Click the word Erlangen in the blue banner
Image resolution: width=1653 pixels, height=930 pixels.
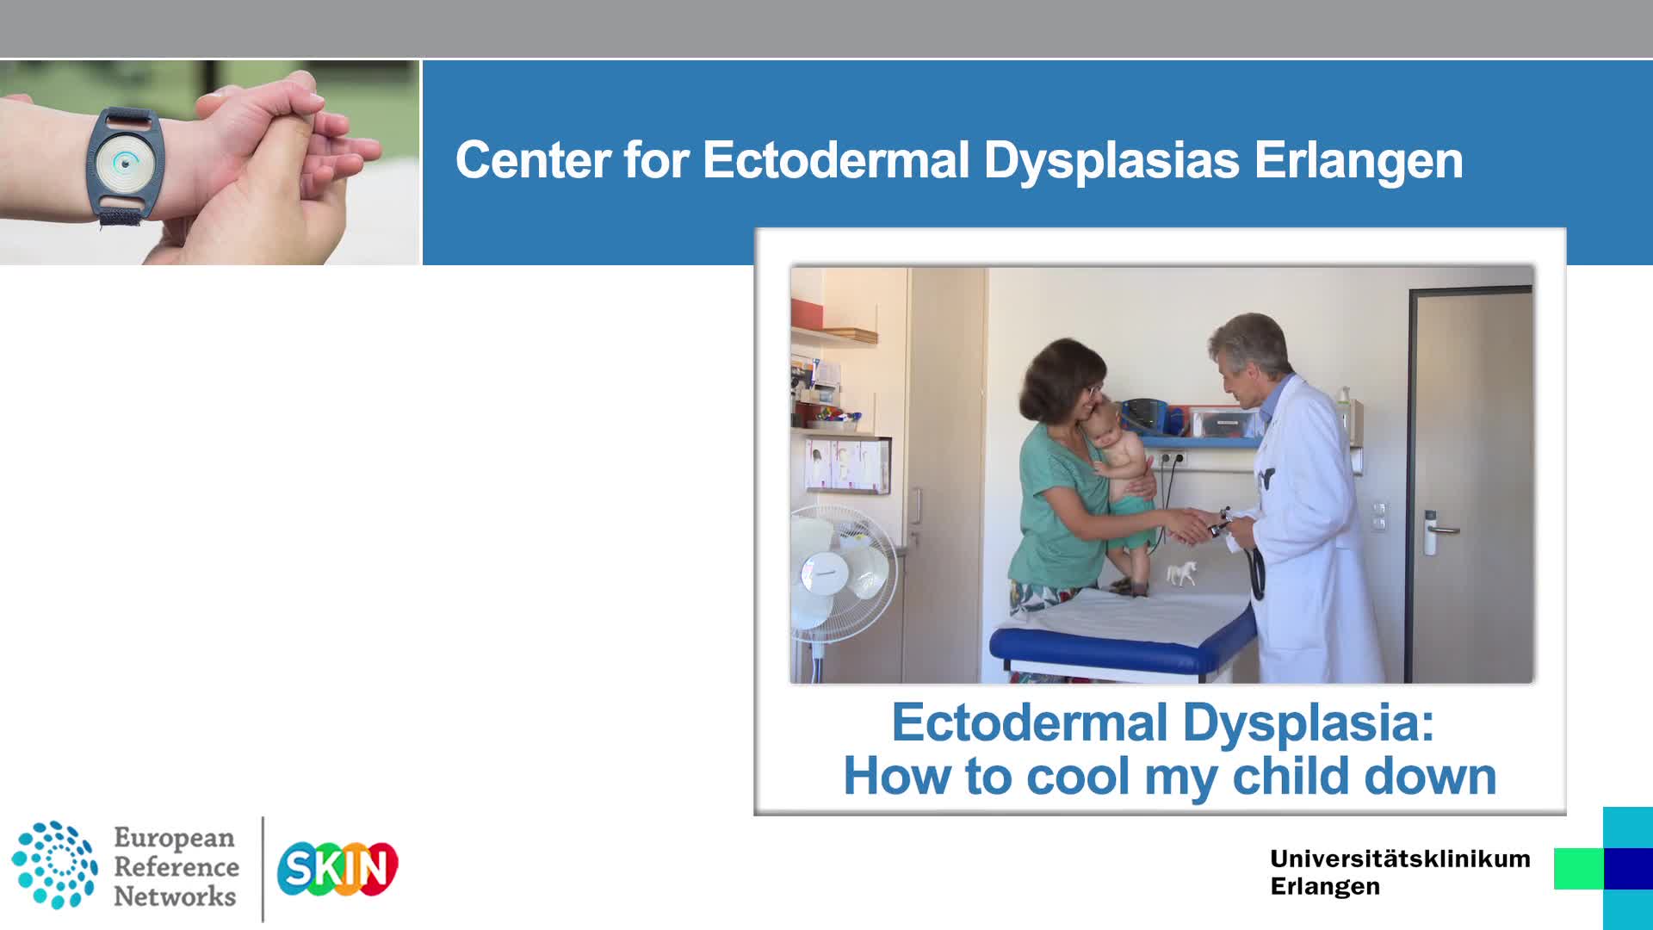point(1358,161)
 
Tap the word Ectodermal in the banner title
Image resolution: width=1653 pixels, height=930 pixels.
point(836,160)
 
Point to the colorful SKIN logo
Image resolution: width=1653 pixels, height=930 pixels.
point(337,868)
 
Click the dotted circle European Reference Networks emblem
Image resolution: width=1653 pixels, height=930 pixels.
point(54,865)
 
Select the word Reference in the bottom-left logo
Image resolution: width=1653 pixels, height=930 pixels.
point(176,866)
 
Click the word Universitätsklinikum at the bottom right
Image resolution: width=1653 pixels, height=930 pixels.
point(1400,859)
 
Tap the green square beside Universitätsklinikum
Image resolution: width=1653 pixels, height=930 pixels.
point(1578,868)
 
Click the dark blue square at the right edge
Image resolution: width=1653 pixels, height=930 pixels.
point(1628,868)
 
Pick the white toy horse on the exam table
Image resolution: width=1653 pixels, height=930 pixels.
point(1181,572)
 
